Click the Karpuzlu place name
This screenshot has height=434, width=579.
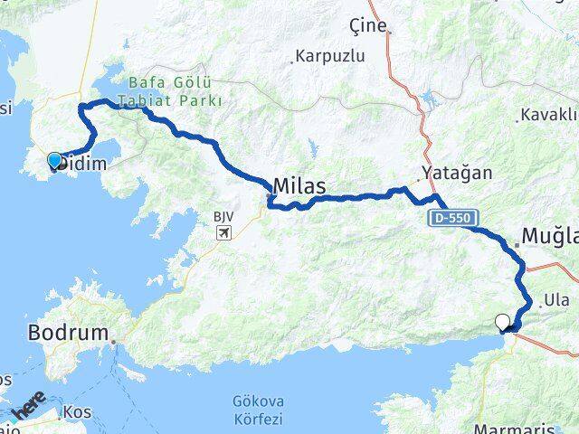[332, 56]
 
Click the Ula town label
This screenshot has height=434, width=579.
[556, 300]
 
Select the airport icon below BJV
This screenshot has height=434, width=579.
[223, 233]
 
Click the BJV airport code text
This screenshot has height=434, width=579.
[223, 217]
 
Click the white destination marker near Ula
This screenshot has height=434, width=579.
[503, 321]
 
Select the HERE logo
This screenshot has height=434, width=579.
[27, 405]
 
